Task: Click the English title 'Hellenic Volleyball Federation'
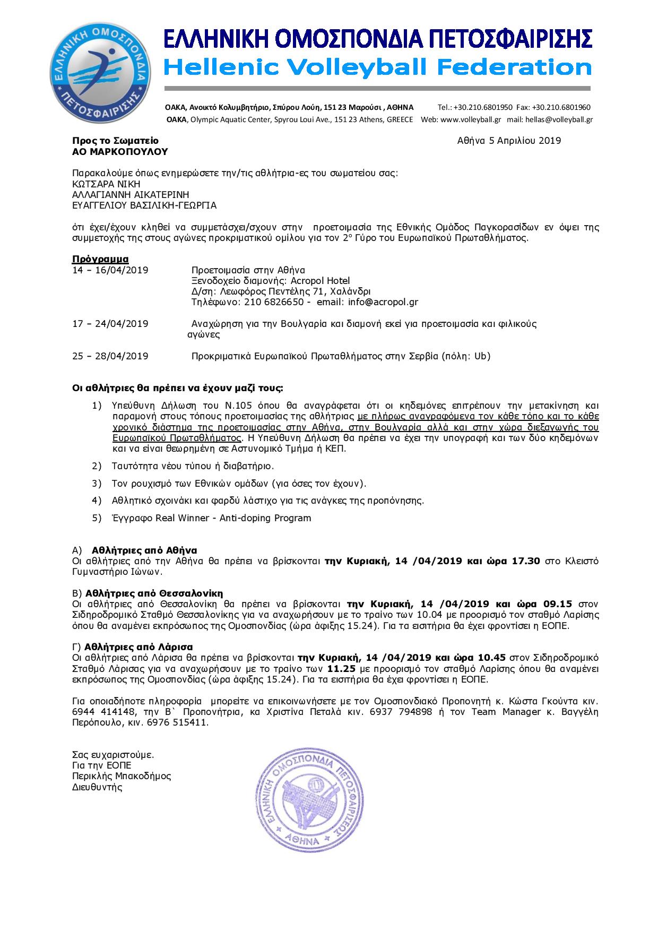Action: pos(377,68)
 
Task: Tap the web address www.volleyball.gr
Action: pos(471,120)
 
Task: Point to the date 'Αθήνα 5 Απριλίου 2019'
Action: pos(509,141)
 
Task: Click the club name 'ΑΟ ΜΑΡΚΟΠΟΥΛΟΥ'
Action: pos(120,151)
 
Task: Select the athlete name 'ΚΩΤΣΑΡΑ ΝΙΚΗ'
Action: pos(106,184)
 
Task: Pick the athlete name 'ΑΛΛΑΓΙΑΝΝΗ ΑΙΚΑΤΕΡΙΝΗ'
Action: pos(131,195)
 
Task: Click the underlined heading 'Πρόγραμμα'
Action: pos(100,260)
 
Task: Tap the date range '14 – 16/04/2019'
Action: pos(110,270)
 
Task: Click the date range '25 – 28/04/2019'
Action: pos(110,356)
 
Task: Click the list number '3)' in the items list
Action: pos(97,484)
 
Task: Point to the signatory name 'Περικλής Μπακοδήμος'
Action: pos(122,776)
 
